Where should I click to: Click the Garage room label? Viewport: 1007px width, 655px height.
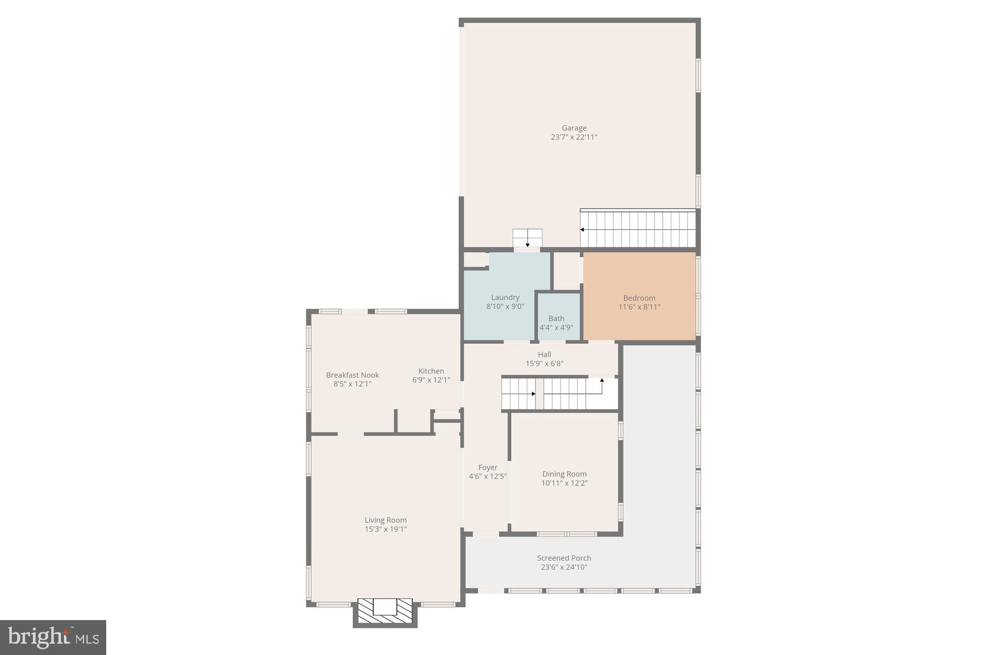click(x=574, y=128)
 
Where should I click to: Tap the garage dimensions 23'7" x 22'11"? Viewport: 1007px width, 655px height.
click(x=574, y=137)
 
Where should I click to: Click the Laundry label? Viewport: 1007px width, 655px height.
click(x=505, y=298)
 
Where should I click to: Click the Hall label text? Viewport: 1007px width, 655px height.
click(x=544, y=355)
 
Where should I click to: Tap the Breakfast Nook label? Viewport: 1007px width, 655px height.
click(x=353, y=375)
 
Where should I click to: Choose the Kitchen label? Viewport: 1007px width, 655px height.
click(x=431, y=371)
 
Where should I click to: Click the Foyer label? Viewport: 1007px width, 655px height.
click(x=488, y=468)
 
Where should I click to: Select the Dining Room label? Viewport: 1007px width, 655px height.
click(x=564, y=474)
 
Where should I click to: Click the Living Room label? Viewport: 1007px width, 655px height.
click(x=385, y=520)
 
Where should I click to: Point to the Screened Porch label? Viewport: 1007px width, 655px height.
click(x=564, y=558)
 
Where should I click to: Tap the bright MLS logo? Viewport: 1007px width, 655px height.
click(x=53, y=637)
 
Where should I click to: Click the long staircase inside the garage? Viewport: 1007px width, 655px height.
click(x=638, y=229)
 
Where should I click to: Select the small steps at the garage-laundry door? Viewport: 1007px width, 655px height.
click(x=527, y=238)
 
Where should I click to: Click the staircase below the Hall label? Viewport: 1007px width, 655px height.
click(x=559, y=393)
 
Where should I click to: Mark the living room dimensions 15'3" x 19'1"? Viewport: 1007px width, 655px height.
click(x=385, y=529)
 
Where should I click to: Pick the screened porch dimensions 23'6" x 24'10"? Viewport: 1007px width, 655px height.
click(x=564, y=567)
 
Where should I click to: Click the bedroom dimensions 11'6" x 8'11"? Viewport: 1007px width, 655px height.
click(x=639, y=307)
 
